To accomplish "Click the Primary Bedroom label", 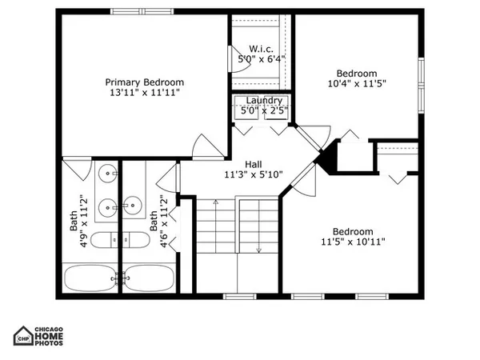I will click(x=145, y=82).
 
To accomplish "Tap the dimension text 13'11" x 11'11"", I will click(x=145, y=93).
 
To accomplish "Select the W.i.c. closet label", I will click(x=262, y=47).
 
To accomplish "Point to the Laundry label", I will click(x=261, y=101).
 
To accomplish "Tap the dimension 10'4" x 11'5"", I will click(x=355, y=82).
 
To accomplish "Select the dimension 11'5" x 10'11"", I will click(x=354, y=240).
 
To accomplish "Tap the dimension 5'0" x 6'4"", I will click(x=261, y=58).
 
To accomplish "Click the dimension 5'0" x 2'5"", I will click(x=261, y=110).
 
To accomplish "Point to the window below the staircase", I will click(x=236, y=295).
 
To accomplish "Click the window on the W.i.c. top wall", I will click(x=260, y=10).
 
